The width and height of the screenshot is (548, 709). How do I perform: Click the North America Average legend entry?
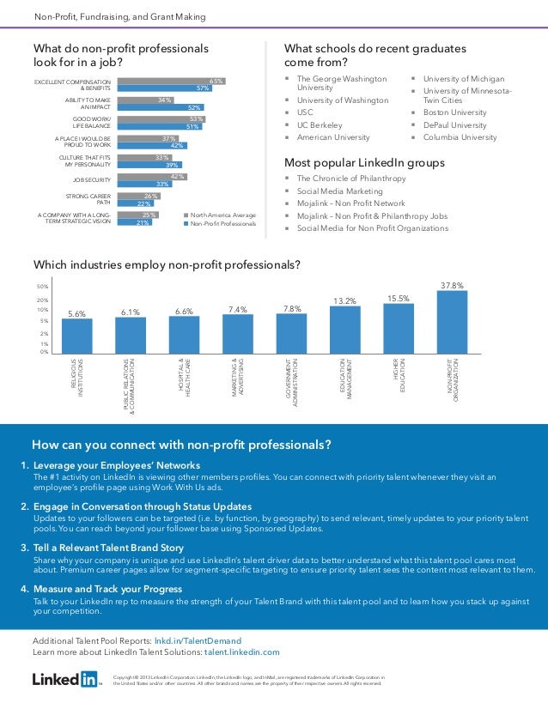point(221,215)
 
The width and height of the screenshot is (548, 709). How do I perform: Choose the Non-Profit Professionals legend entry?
point(221,223)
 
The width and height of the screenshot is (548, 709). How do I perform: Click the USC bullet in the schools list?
point(304,112)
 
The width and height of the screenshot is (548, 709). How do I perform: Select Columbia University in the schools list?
point(460,137)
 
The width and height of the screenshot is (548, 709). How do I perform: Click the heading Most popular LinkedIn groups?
point(364,162)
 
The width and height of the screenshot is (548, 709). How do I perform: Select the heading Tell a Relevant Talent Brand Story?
point(109,547)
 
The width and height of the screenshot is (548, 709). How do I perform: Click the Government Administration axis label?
point(292,382)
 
